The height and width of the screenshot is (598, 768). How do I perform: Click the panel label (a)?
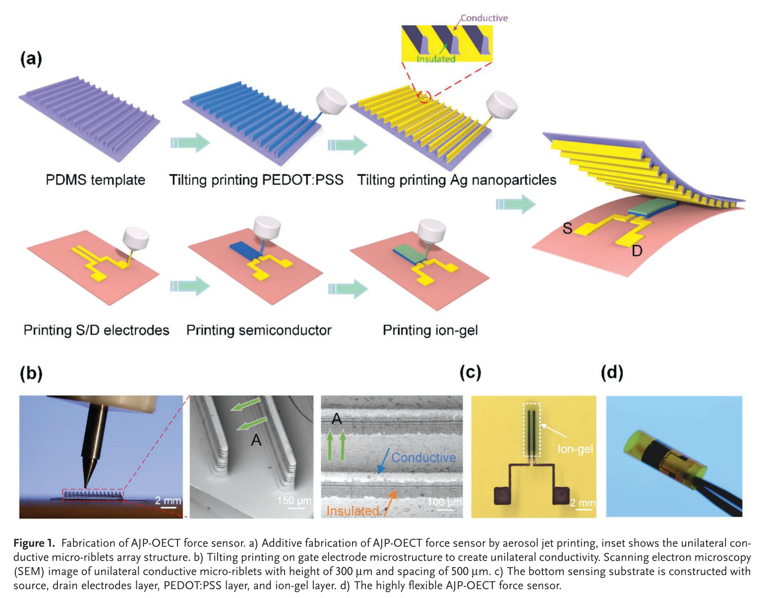tap(31, 59)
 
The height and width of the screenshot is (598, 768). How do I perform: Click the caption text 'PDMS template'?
tap(95, 180)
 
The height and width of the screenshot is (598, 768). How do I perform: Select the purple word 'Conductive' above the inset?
tap(483, 18)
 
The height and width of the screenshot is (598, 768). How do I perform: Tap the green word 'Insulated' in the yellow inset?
tap(435, 59)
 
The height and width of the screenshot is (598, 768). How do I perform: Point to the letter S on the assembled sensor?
tap(567, 228)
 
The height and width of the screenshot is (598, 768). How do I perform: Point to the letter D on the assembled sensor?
tap(637, 251)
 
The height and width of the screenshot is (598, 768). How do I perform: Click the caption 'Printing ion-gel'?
tap(430, 330)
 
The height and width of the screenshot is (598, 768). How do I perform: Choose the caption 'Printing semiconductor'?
tap(259, 330)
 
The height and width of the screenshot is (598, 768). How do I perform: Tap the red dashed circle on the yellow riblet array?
tap(424, 96)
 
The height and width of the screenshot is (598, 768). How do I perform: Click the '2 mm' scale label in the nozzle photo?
tap(168, 500)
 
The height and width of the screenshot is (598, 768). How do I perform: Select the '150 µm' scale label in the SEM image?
tap(294, 500)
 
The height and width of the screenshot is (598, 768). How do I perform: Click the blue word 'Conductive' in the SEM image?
tap(423, 457)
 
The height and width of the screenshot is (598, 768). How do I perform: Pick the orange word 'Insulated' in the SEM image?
tap(353, 511)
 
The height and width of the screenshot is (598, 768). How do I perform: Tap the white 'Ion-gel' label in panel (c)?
tap(575, 449)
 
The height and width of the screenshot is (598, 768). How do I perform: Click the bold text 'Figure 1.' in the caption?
tap(34, 543)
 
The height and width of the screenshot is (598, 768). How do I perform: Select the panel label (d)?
tap(612, 372)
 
